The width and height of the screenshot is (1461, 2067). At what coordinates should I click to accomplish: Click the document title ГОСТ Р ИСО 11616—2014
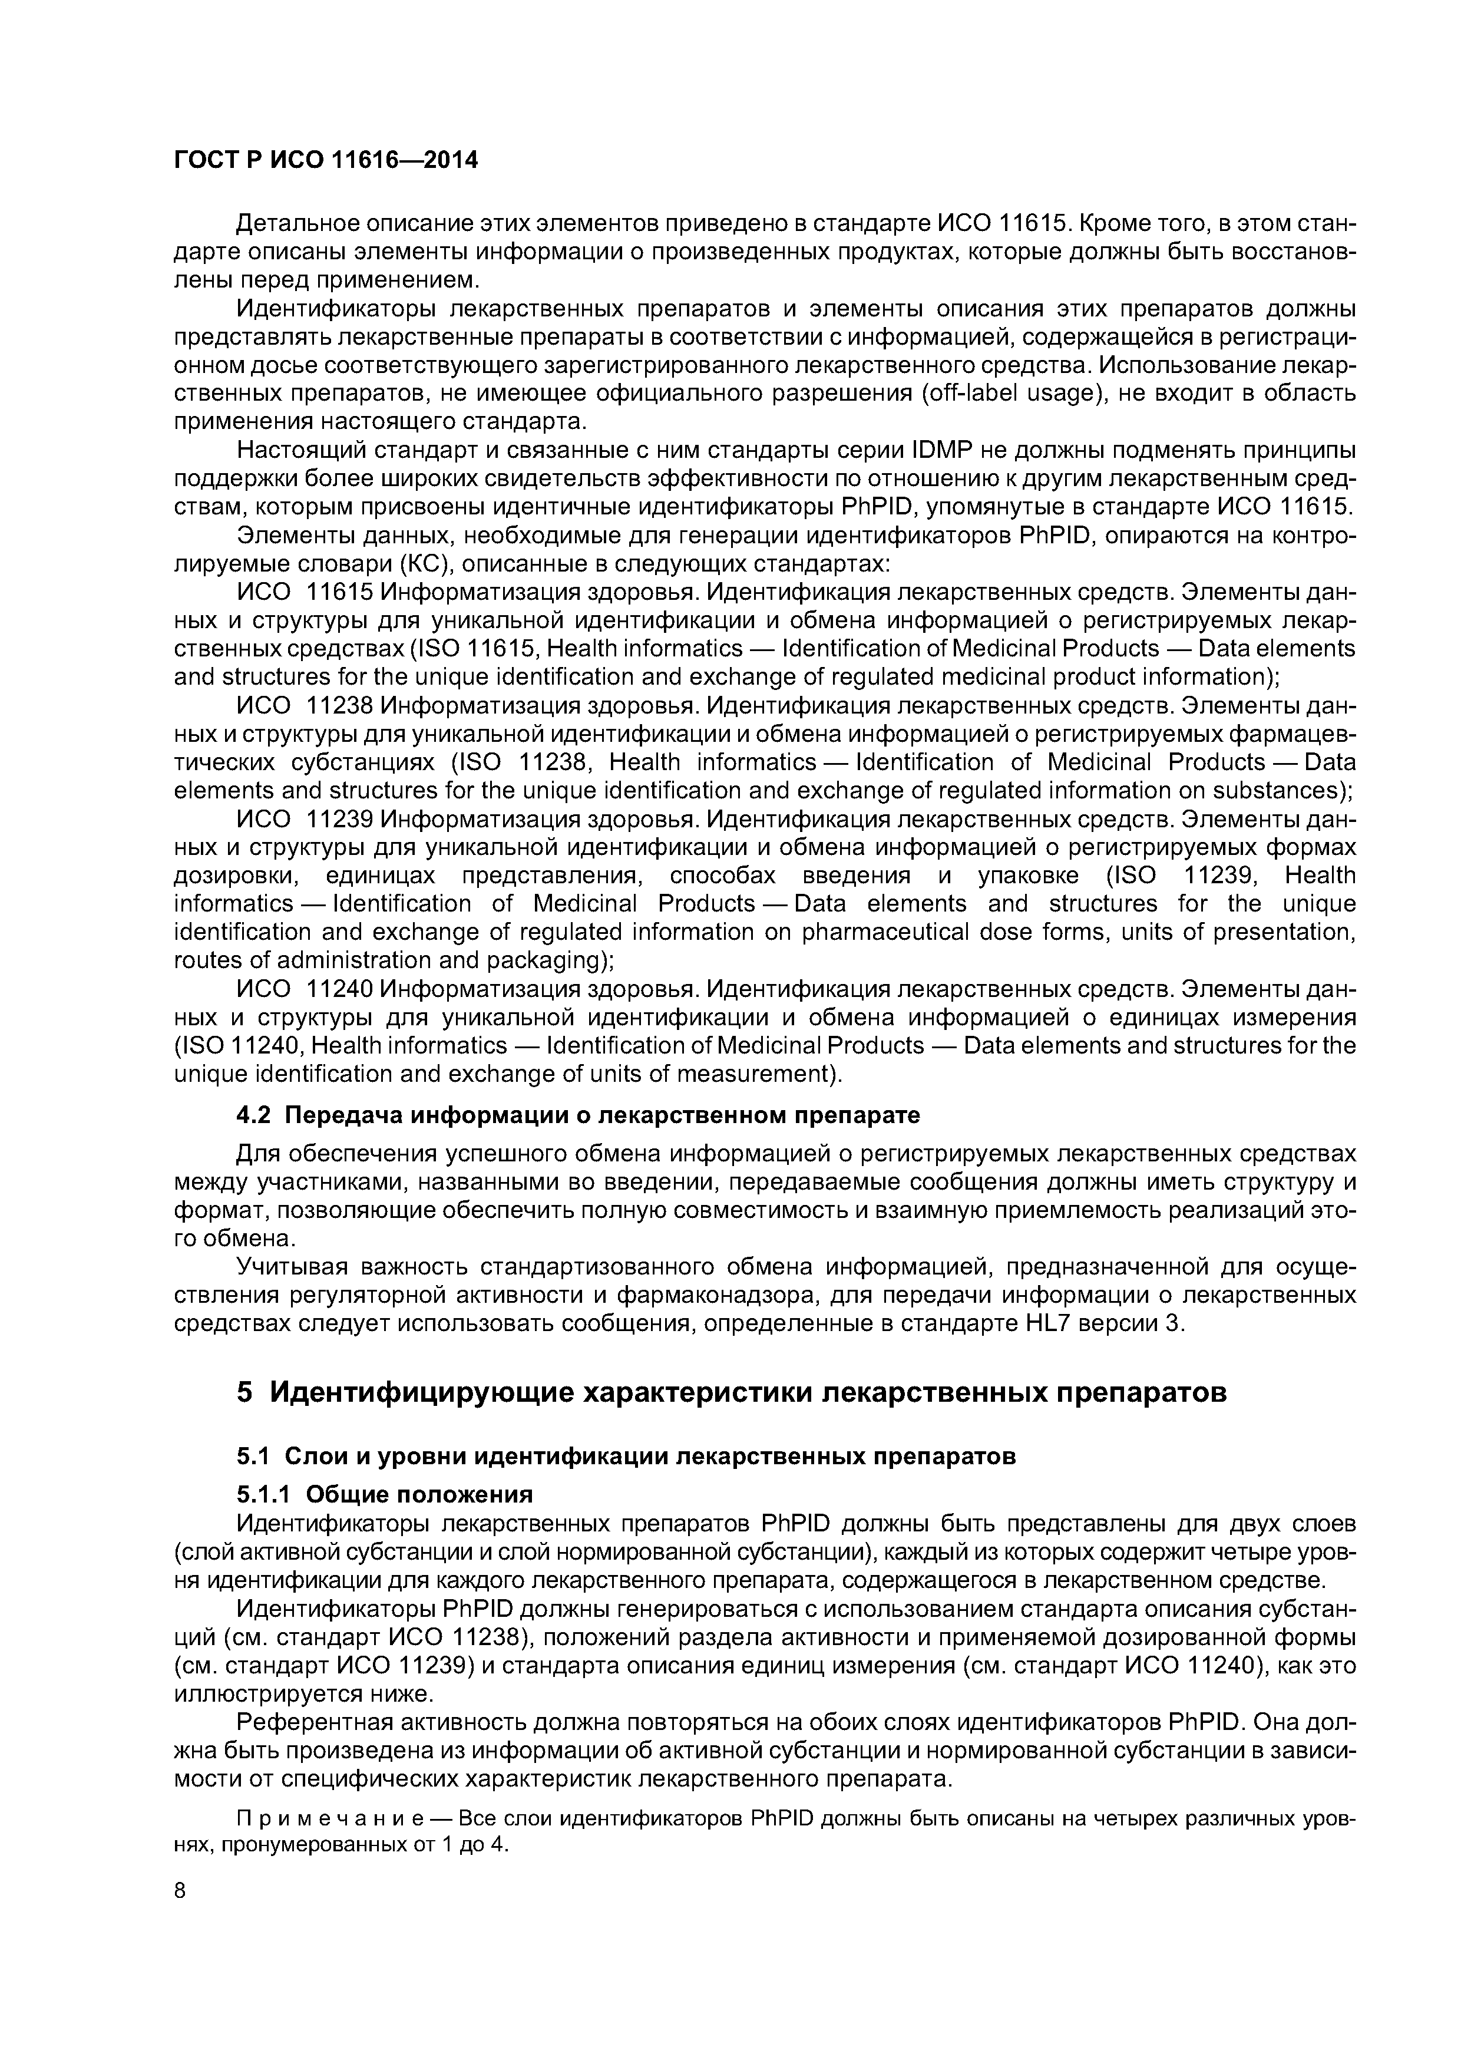[325, 160]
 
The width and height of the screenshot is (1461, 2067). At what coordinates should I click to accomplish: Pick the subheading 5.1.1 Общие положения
[384, 1494]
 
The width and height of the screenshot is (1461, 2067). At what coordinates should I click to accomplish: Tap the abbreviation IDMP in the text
[945, 450]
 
